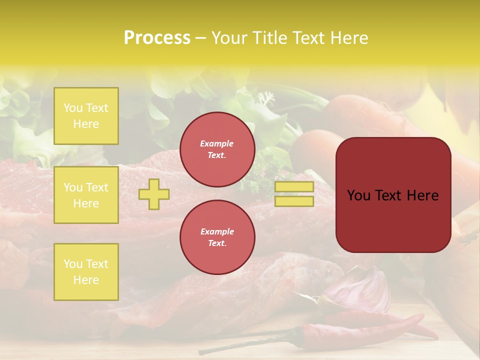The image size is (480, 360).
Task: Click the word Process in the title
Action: pos(157,38)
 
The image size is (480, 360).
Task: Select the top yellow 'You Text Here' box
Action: pos(86,116)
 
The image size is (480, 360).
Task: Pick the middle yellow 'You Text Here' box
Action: pos(86,195)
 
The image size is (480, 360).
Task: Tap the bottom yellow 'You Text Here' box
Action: pos(86,272)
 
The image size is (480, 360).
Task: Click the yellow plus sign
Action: pos(154,194)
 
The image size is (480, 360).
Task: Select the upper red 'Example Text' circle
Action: pos(217,149)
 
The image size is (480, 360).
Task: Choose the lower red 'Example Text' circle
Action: pos(217,237)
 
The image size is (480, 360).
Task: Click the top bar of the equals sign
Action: pos(294,187)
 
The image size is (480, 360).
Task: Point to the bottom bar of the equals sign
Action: pos(294,201)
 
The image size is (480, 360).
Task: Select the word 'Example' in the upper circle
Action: pos(217,143)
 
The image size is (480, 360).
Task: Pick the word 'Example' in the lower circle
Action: pos(217,231)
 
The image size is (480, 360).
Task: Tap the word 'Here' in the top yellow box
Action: pos(86,124)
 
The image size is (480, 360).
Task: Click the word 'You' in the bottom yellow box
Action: pos(73,264)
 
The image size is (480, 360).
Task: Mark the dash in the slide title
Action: pos(200,38)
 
